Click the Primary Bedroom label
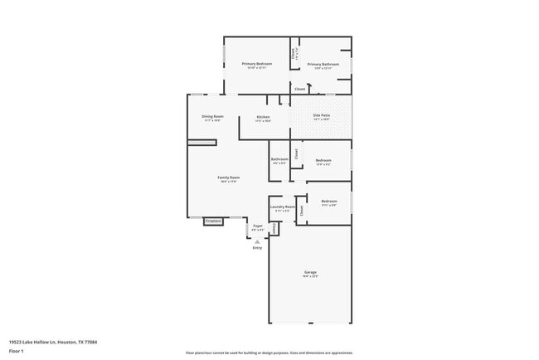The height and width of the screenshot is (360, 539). (257, 64)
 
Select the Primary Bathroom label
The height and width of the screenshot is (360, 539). (323, 64)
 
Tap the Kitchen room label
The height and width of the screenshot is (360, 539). (263, 117)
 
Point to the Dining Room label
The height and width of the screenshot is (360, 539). (212, 117)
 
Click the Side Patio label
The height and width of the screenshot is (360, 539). (322, 116)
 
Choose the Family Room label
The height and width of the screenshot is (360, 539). (229, 178)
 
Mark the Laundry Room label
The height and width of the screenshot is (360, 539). (283, 207)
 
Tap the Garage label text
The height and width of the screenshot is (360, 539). (310, 272)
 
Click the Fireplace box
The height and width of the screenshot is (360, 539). (213, 221)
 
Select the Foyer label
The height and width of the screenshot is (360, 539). (258, 226)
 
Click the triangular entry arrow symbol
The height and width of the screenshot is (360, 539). (257, 241)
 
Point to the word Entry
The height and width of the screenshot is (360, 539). (257, 248)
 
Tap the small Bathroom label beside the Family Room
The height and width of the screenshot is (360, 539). (279, 159)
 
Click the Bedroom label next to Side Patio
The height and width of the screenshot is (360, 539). (323, 160)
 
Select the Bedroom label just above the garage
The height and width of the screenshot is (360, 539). (329, 202)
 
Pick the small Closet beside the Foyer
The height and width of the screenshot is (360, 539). (274, 228)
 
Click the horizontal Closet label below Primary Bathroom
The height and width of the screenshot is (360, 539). (299, 88)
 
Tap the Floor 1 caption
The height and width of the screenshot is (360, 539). (17, 350)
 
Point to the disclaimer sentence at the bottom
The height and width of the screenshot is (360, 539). (269, 353)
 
